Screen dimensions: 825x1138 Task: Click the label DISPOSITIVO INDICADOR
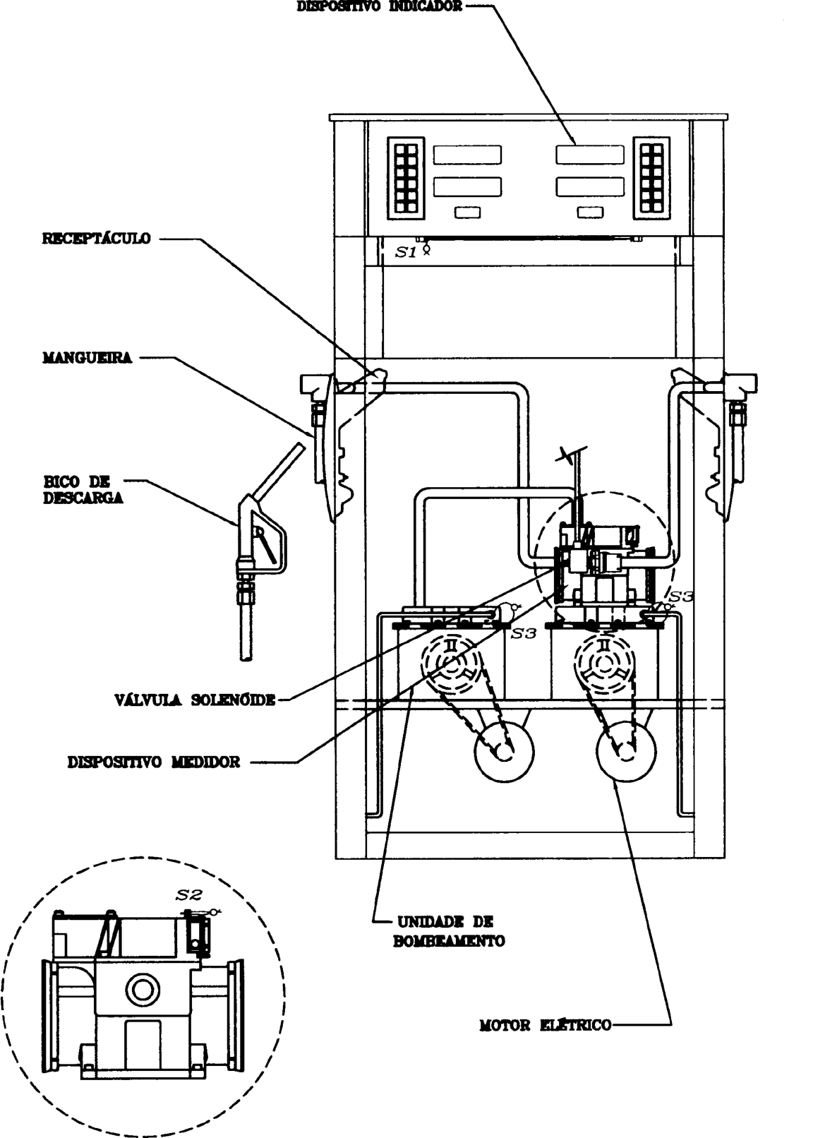point(380,6)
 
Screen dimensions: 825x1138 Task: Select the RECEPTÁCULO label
point(97,239)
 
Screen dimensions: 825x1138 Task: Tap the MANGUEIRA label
point(87,358)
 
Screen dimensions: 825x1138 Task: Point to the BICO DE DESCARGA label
point(83,490)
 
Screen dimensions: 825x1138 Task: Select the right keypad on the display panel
point(652,177)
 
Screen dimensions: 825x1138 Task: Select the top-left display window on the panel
point(467,155)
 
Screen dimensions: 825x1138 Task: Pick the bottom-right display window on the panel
point(590,186)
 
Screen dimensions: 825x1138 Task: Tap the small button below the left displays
point(467,212)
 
